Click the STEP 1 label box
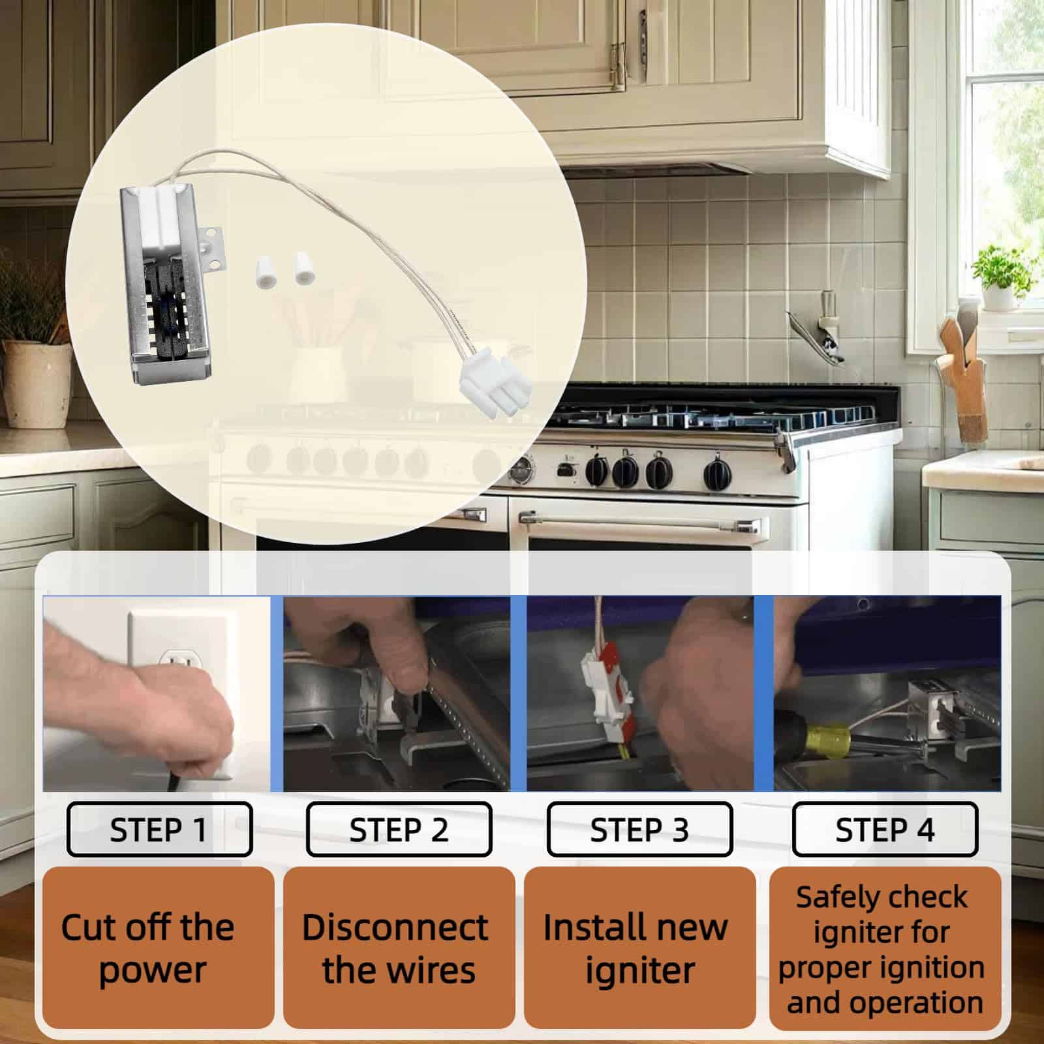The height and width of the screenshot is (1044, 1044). (159, 829)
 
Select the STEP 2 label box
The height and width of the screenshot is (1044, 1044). (399, 829)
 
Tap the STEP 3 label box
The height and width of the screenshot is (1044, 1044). (639, 829)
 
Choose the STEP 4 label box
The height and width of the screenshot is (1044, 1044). (885, 829)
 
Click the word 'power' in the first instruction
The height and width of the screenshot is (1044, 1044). (153, 971)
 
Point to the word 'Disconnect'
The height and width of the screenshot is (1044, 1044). (395, 927)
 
